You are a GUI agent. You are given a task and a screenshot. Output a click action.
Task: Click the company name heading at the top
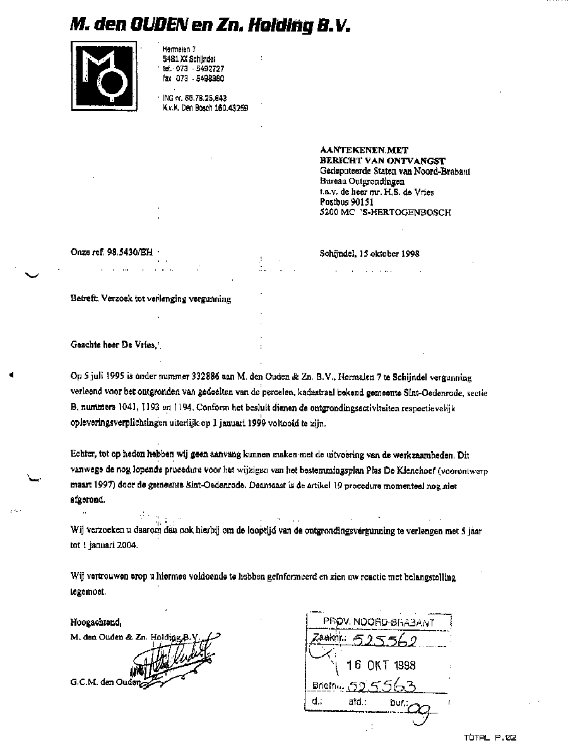coord(210,25)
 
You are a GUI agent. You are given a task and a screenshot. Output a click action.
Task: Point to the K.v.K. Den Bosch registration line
coord(205,108)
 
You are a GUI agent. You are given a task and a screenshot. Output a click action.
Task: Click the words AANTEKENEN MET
coord(365,151)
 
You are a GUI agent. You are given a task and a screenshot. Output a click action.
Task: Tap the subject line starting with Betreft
coord(151,299)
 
